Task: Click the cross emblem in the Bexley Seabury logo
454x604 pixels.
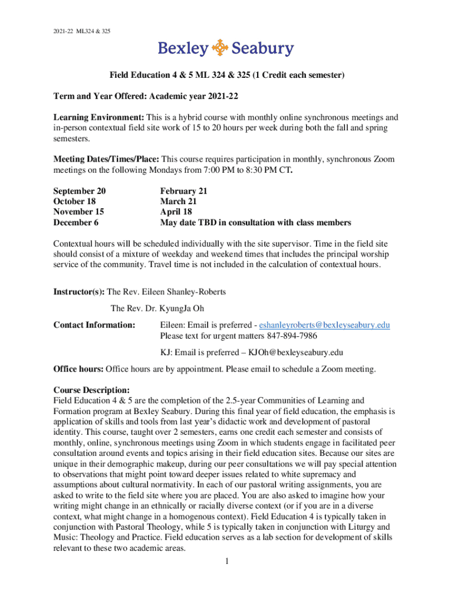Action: click(219, 48)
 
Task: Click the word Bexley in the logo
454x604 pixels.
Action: click(183, 48)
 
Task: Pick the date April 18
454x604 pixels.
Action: click(177, 212)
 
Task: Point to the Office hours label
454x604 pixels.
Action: click(78, 369)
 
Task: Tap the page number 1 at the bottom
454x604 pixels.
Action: click(227, 561)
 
